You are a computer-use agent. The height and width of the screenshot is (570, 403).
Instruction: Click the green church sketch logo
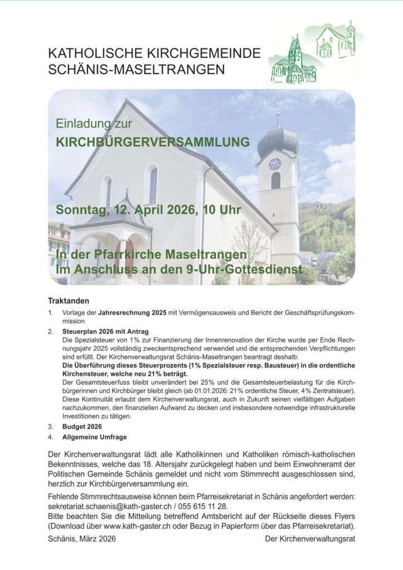coord(314,53)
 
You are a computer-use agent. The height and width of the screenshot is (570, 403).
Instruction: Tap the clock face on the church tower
coord(275,164)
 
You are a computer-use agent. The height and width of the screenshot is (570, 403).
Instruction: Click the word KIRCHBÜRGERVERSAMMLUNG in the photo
coord(153,142)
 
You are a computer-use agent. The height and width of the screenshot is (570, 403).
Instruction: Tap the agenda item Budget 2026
coord(82,427)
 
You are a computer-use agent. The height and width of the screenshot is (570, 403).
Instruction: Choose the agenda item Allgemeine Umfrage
coord(95,437)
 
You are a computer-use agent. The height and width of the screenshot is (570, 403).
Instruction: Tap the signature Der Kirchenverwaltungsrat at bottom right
coord(309,539)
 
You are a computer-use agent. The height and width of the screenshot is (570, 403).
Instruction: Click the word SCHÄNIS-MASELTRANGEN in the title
coord(137,70)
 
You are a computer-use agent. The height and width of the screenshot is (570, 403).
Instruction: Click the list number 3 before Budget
coord(50,427)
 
